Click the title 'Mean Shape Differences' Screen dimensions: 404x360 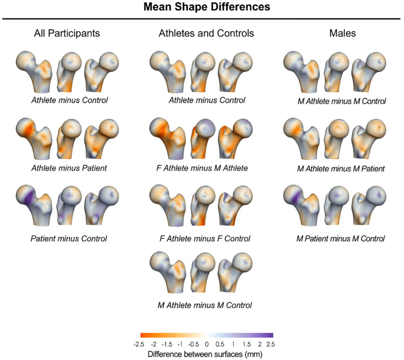point(207,7)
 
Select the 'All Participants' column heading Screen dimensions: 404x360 point(67,33)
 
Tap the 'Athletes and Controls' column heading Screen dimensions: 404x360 point(206,33)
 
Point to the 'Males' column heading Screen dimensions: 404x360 point(343,33)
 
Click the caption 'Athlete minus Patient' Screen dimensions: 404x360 point(69,168)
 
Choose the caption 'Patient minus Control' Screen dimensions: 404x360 point(69,239)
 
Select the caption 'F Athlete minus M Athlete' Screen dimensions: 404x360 point(202,168)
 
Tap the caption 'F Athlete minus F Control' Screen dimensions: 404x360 point(205,239)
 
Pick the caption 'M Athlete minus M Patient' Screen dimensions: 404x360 point(341,169)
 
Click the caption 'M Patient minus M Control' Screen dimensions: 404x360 point(341,239)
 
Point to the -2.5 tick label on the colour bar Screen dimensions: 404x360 point(139,344)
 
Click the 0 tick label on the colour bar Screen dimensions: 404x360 point(206,344)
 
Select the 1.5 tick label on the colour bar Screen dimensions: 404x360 point(246,344)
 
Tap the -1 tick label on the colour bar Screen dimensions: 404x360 point(180,344)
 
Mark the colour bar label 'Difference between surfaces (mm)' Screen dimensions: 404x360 point(205,354)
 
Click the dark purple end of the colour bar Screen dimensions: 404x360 point(271,335)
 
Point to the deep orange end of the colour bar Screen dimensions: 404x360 point(143,335)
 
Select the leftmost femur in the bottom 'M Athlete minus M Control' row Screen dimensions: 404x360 point(168,272)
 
